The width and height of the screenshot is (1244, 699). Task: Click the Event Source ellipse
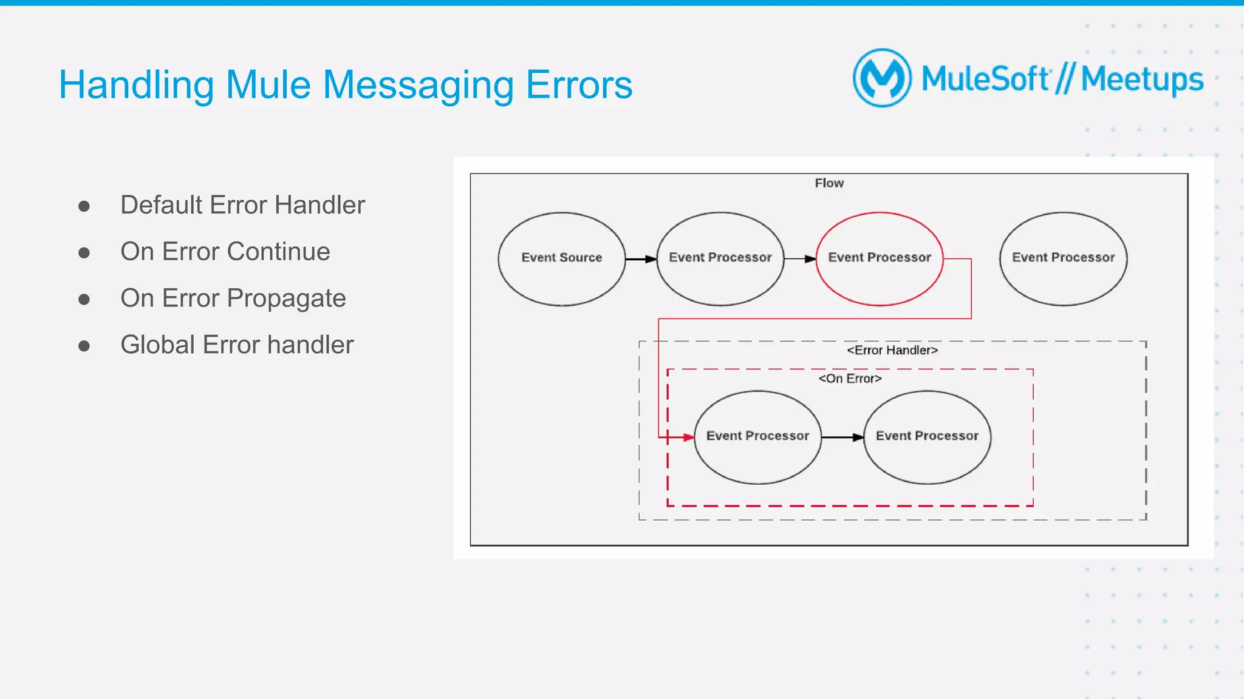[x=561, y=258]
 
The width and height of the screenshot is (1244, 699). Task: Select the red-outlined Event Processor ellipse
[x=879, y=258]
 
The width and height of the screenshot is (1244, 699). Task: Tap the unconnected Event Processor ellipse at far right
[x=1063, y=258]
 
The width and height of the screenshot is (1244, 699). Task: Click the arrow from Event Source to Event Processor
[x=641, y=259]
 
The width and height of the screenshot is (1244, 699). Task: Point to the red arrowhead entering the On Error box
[x=688, y=437]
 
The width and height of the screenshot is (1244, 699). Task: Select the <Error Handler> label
[x=892, y=350]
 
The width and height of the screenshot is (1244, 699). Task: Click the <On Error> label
[x=850, y=379]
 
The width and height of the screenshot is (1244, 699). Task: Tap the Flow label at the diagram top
[x=829, y=183]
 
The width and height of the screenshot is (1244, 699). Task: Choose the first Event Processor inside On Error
[x=757, y=437]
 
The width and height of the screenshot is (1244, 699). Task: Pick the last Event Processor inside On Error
[x=927, y=437]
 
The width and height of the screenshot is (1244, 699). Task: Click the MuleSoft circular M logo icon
[x=882, y=78]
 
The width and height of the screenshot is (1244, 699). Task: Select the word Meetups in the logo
[x=1142, y=79]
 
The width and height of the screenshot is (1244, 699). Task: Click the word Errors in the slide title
[x=579, y=85]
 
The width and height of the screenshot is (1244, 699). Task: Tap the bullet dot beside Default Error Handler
[x=84, y=206]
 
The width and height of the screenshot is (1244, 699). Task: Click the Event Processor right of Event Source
[x=720, y=258]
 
